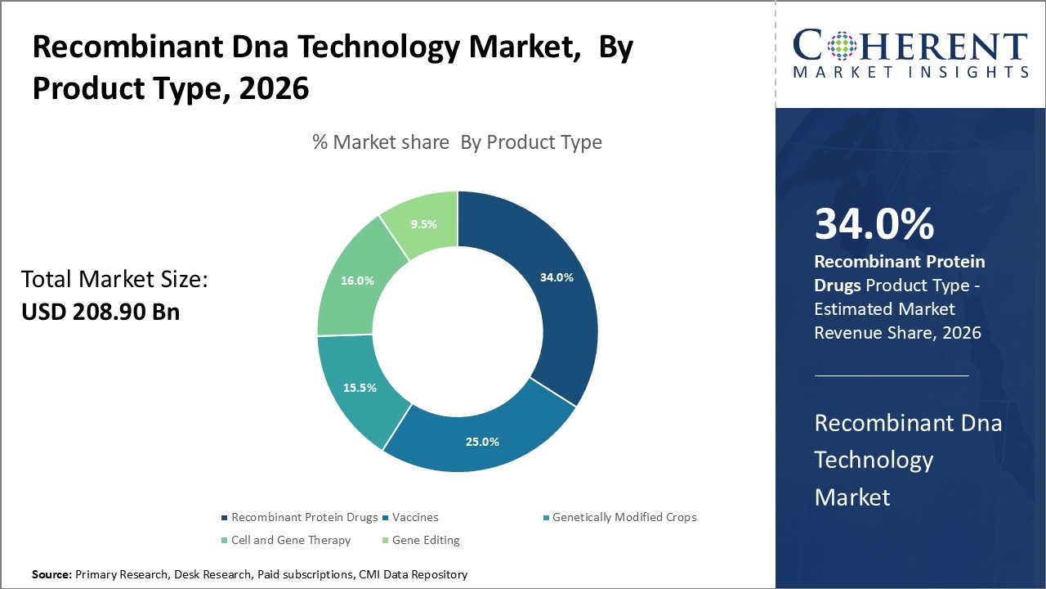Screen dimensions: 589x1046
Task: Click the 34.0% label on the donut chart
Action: click(x=557, y=277)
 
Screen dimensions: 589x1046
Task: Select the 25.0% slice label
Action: click(x=482, y=442)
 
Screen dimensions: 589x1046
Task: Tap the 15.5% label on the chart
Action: click(x=360, y=388)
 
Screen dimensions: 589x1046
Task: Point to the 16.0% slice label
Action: click(x=357, y=281)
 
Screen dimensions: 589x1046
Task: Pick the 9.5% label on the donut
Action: click(x=422, y=223)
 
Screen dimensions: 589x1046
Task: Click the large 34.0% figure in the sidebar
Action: click(x=874, y=224)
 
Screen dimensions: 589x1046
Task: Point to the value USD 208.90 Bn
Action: click(x=101, y=312)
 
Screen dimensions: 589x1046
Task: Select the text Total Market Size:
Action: click(x=115, y=280)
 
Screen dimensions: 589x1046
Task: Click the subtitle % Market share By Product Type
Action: click(x=457, y=142)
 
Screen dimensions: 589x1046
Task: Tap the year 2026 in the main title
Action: click(x=275, y=88)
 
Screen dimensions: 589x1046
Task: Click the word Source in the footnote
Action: click(x=51, y=575)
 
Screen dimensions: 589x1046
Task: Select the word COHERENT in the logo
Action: click(x=910, y=45)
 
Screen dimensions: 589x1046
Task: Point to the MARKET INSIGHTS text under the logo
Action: click(x=910, y=73)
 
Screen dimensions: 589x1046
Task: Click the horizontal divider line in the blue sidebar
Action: click(x=892, y=376)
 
